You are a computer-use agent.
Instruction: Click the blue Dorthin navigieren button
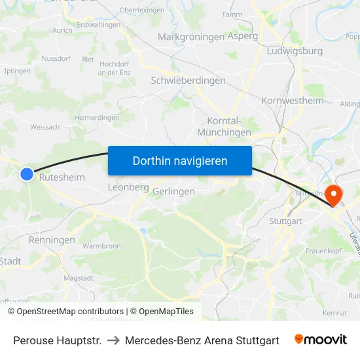point(179,160)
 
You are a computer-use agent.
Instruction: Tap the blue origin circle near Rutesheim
point(27,173)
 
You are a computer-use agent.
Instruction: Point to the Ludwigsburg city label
point(295,50)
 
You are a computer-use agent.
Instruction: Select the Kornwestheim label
point(293,100)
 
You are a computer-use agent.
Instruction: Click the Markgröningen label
point(190,37)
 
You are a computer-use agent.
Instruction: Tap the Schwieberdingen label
point(188,81)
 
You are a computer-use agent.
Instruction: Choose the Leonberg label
point(128,187)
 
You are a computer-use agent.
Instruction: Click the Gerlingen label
point(173,191)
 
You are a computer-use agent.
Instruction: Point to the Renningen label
point(52,240)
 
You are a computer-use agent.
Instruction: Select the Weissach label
point(45,127)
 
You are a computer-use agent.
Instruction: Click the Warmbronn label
point(102,246)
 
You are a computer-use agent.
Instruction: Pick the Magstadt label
point(79,278)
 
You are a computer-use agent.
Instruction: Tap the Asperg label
point(242,37)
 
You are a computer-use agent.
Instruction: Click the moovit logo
point(320,340)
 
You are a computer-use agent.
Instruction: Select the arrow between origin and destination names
point(113,340)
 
